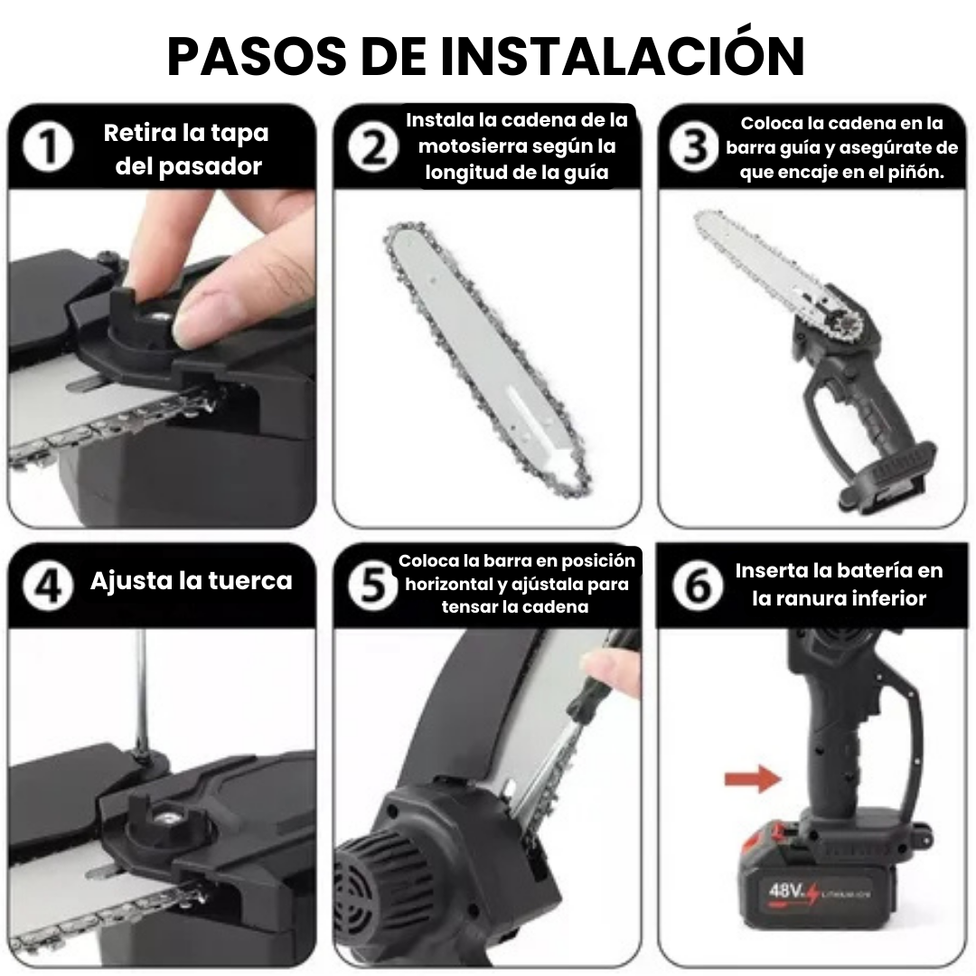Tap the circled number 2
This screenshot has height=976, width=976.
(x=373, y=148)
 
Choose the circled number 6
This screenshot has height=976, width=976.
(x=697, y=587)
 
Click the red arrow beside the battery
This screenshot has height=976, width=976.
(x=752, y=778)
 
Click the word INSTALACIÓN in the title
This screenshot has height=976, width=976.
(x=623, y=57)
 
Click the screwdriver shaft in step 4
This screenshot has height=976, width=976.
(x=140, y=687)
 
